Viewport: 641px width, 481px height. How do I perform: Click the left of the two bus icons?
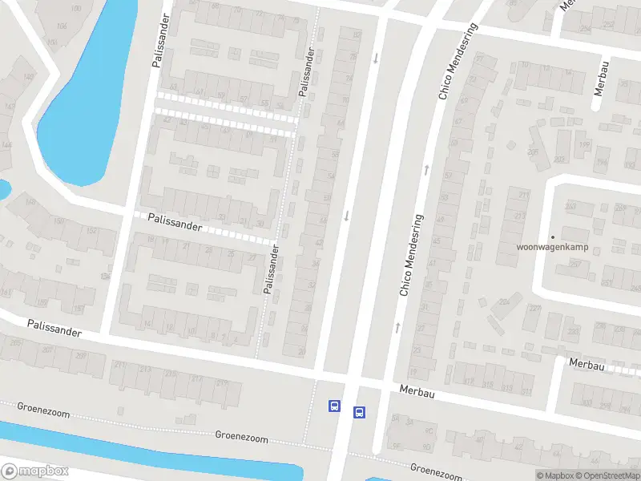[333, 406]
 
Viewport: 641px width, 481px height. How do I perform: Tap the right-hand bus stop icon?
[359, 413]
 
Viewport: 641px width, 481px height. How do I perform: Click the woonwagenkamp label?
[553, 247]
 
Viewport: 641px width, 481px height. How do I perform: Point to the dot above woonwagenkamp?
[552, 236]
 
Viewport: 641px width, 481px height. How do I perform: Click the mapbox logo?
[34, 471]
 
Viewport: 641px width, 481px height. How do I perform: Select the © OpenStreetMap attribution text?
[607, 475]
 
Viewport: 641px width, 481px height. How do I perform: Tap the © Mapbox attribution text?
[555, 475]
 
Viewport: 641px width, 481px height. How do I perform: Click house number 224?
[504, 301]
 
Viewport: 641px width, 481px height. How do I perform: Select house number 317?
[506, 389]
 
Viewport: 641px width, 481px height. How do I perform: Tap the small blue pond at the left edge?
[3, 190]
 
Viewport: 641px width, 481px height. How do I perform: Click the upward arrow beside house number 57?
[427, 168]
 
